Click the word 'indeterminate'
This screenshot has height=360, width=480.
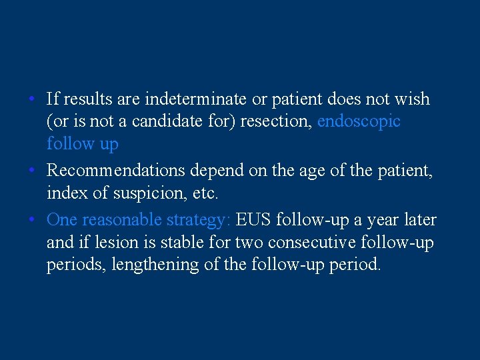pos(207,100)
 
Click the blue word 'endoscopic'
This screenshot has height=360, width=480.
pos(359,122)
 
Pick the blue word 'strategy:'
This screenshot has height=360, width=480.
pos(198,220)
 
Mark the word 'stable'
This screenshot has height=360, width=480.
pos(169,242)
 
